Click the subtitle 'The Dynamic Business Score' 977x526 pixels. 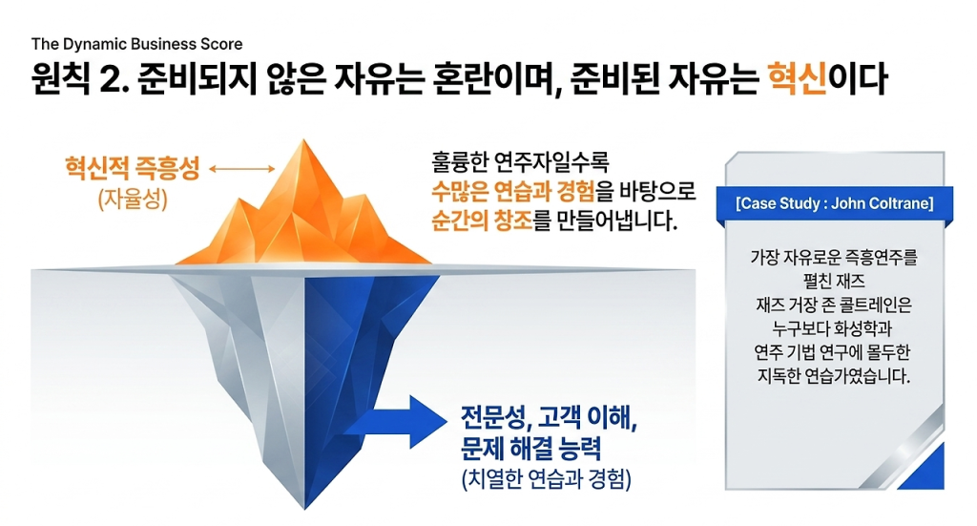(x=137, y=44)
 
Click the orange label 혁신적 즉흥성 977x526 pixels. (x=133, y=168)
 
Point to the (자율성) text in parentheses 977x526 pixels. (x=133, y=199)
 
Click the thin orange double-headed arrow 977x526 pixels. (x=241, y=168)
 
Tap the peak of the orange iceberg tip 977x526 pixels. (x=304, y=139)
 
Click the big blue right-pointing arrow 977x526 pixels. (x=395, y=422)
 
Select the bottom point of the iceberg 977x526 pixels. (x=304, y=509)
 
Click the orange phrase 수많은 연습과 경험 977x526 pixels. (x=513, y=191)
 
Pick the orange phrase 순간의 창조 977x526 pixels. (x=482, y=221)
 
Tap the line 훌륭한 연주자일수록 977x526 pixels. (x=520, y=162)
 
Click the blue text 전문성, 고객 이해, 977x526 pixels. (x=549, y=417)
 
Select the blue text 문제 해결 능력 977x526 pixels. (x=530, y=448)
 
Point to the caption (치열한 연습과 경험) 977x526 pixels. (x=547, y=478)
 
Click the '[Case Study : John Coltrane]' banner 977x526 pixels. (x=835, y=203)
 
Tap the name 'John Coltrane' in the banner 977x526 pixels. (x=883, y=203)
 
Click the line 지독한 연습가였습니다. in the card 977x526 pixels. (x=834, y=376)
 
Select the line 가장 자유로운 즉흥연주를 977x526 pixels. (x=834, y=256)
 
